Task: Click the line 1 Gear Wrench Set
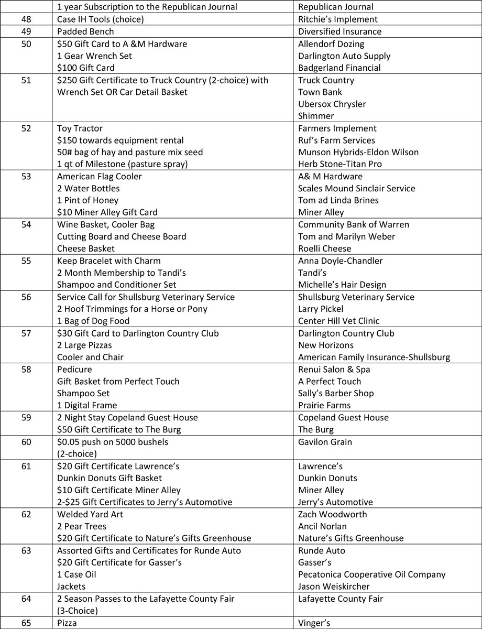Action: click(x=94, y=56)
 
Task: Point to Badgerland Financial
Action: click(x=339, y=68)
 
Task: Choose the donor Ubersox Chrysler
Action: click(x=332, y=104)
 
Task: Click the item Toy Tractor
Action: click(x=80, y=128)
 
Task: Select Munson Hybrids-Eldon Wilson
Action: click(x=358, y=152)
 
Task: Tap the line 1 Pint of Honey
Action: click(x=87, y=200)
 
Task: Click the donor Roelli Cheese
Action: click(x=325, y=248)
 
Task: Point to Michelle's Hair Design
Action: click(x=342, y=285)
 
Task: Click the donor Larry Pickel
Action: click(x=321, y=309)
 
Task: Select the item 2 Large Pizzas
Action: click(x=84, y=345)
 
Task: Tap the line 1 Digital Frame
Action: click(x=87, y=405)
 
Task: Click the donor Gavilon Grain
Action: click(x=325, y=442)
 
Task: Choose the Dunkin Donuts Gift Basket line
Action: click(x=109, y=478)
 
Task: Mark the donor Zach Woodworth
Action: click(x=333, y=514)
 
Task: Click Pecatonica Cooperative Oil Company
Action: click(x=372, y=574)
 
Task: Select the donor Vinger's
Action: click(x=313, y=623)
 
